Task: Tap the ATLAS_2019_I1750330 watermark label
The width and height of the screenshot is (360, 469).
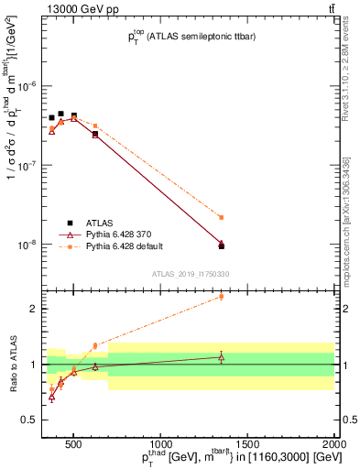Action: [x=191, y=274]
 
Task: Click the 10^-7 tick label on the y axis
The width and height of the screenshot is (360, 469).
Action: [x=29, y=166]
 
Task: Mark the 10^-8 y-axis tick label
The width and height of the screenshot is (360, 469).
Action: [x=29, y=245]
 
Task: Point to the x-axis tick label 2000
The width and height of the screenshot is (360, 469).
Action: [x=334, y=442]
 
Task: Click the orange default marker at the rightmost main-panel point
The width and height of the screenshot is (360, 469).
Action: [x=221, y=217]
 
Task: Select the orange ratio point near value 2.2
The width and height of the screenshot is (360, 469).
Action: [x=221, y=297]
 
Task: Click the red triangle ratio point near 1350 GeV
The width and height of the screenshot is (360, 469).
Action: [x=221, y=357]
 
